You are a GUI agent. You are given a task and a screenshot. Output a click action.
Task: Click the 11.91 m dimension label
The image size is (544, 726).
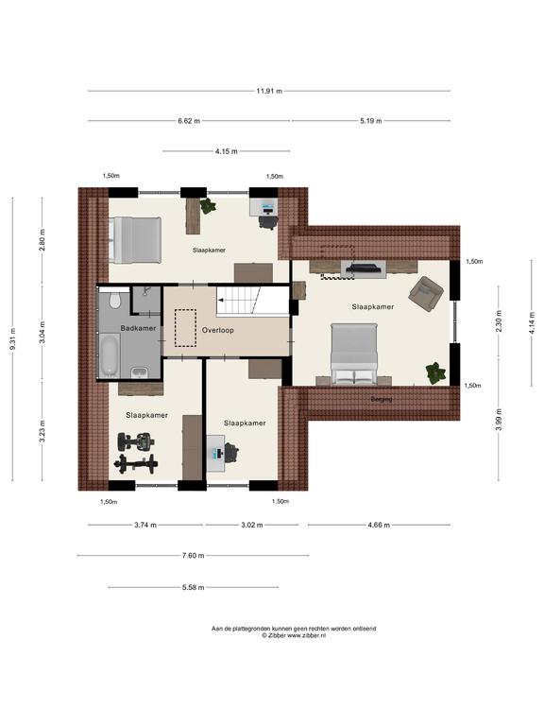269,91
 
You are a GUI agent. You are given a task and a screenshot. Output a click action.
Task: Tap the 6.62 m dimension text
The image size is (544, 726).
189,121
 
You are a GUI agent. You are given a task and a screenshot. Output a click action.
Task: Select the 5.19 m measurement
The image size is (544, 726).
371,121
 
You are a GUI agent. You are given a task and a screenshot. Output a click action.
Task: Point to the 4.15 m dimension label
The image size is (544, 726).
227,151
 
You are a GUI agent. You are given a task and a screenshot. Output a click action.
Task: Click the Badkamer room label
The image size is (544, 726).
138,328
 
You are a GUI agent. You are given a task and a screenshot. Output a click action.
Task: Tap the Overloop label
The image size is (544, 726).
218,331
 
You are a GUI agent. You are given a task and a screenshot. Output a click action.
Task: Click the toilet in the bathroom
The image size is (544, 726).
113,300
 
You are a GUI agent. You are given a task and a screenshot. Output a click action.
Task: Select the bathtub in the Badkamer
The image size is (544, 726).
110,354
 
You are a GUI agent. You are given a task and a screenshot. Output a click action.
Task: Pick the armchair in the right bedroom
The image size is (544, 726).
426,293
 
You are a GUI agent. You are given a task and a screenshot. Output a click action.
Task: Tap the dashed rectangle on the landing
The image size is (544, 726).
185,328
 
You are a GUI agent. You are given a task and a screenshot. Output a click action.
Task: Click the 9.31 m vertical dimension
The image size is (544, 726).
12,339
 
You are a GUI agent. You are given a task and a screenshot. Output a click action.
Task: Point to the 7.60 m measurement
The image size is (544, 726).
193,556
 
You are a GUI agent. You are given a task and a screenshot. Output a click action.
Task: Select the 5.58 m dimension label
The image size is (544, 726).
193,588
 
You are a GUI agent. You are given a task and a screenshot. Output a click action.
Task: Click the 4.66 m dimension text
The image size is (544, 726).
379,525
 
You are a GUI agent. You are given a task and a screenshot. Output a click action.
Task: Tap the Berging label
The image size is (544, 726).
382,399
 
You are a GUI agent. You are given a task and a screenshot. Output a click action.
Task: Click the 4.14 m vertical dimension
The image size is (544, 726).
532,322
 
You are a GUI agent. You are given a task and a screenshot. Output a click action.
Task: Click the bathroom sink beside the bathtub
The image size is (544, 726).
139,372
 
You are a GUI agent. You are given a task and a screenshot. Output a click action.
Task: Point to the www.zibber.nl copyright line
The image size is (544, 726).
294,636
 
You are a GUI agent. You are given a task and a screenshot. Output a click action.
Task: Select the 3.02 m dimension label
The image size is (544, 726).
251,525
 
